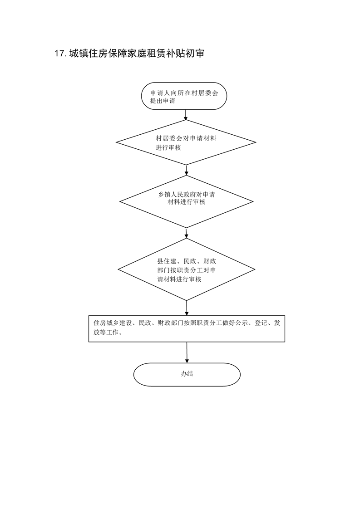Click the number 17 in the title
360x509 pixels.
click(x=60, y=54)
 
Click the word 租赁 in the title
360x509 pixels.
click(x=157, y=54)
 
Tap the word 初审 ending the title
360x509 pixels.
click(x=195, y=54)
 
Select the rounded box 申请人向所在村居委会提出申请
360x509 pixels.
click(x=184, y=96)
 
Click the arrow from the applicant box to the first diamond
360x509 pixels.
click(x=186, y=115)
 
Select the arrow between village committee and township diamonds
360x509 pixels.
click(x=187, y=170)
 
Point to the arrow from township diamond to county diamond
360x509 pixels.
click(x=187, y=233)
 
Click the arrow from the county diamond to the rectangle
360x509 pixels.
click(x=187, y=308)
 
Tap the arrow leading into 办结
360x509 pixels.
click(x=187, y=352)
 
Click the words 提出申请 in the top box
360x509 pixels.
click(x=163, y=101)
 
